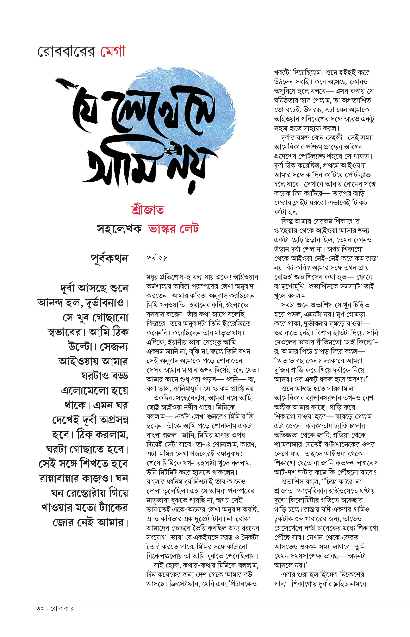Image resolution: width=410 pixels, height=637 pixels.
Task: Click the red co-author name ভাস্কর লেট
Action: pyautogui.click(x=174, y=229)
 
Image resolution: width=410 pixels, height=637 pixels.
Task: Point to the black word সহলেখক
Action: pyautogui.click(x=119, y=229)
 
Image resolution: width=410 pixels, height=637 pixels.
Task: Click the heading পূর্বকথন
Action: pyautogui.click(x=109, y=258)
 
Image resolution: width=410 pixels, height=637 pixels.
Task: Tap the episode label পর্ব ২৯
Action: pyautogui.click(x=157, y=258)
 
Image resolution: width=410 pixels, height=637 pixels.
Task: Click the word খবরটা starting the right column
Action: pyautogui.click(x=284, y=73)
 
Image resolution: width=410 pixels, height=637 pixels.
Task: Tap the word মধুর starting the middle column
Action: pyautogui.click(x=153, y=277)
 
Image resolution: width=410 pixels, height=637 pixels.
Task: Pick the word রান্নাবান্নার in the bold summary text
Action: pyautogui.click(x=66, y=479)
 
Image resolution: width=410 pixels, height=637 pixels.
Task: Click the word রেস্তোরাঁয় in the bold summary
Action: pyautogui.click(x=84, y=493)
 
